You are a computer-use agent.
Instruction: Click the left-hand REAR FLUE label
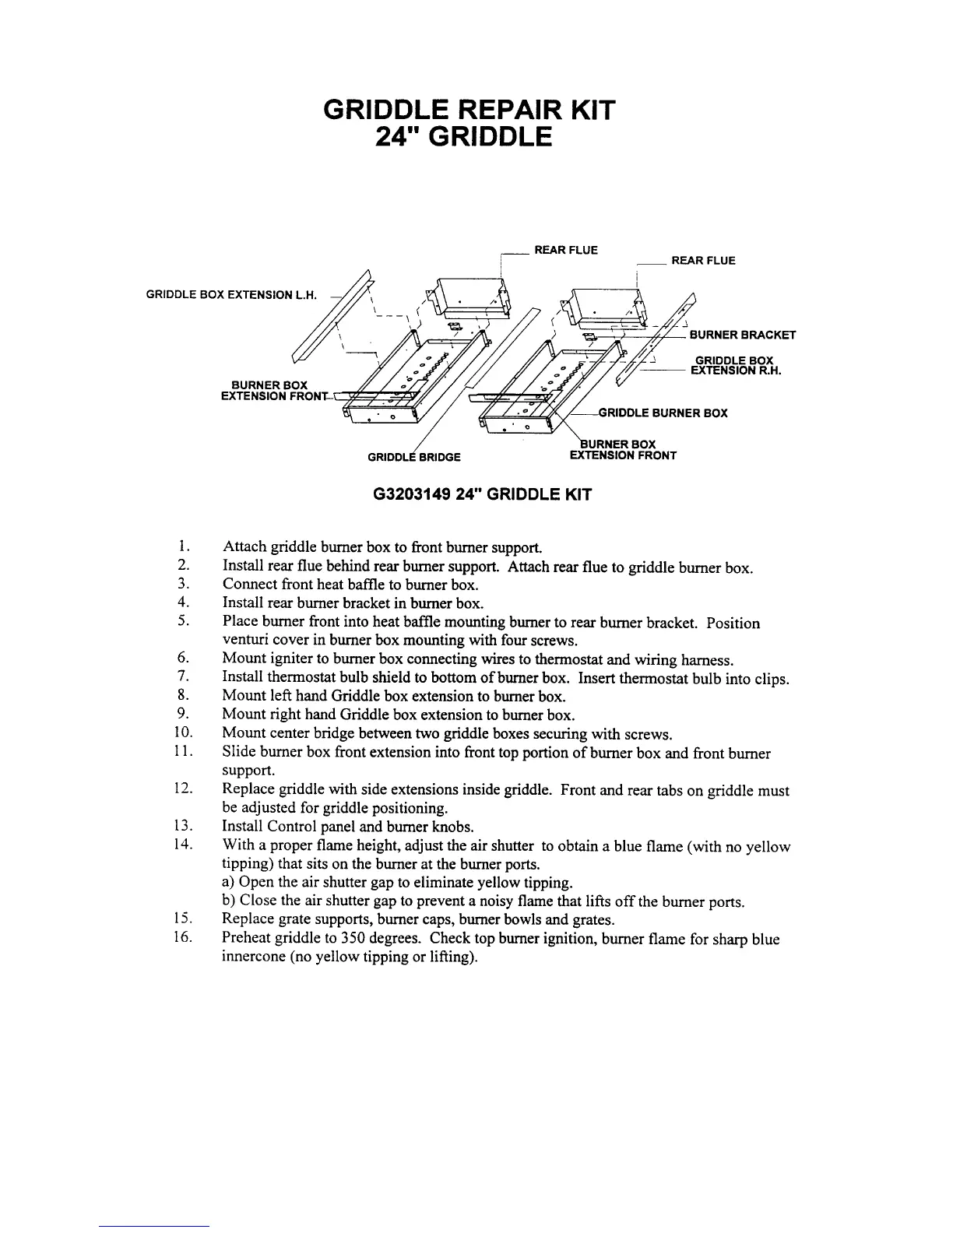[565, 250]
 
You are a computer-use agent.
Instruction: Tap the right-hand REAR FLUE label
[703, 261]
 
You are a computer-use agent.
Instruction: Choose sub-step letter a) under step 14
[229, 883]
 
